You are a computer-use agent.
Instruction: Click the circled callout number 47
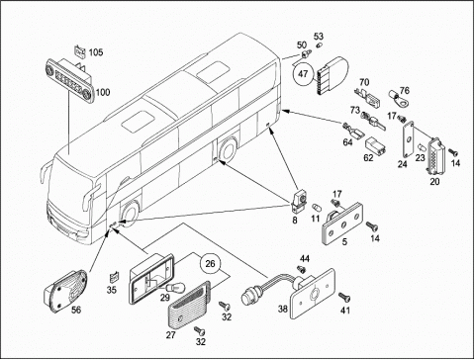coord(303,73)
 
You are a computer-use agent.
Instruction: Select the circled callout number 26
coord(210,263)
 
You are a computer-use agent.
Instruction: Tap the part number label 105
coord(96,52)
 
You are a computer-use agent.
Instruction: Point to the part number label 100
coord(103,92)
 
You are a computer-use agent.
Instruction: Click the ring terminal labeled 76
coord(400,100)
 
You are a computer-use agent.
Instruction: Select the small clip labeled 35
coord(114,277)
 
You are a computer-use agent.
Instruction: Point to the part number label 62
coord(368,157)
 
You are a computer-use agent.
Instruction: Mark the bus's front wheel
coord(130,213)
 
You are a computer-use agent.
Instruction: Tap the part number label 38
coord(283,309)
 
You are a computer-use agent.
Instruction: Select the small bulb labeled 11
coord(316,208)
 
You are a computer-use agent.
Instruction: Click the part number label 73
coord(355,110)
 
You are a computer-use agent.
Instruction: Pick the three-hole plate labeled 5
coord(342,224)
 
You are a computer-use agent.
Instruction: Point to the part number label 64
coord(347,142)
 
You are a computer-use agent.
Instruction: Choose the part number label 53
coord(319,36)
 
